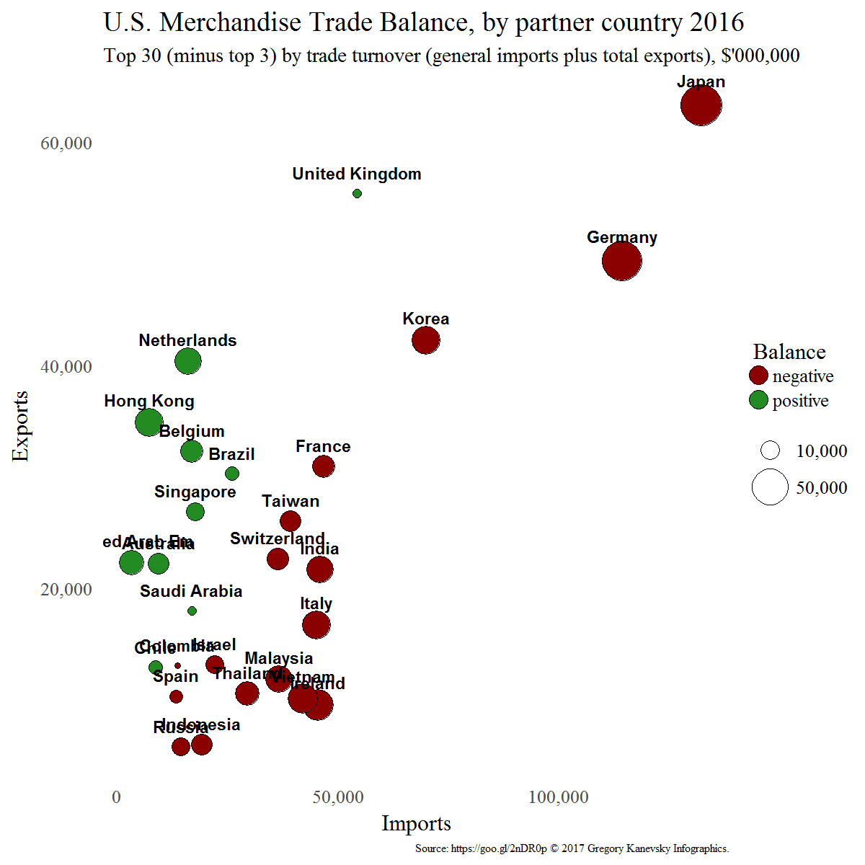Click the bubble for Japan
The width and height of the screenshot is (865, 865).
(x=701, y=105)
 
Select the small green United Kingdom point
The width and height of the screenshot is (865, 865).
(x=357, y=193)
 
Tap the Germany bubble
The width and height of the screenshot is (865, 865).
(x=622, y=261)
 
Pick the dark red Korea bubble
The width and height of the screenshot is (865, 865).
(x=426, y=340)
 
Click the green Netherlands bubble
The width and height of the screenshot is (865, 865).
(x=188, y=361)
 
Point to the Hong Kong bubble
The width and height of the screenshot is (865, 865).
(x=149, y=422)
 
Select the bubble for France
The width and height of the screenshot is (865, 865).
(x=324, y=466)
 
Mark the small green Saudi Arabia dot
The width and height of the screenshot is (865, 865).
(x=192, y=611)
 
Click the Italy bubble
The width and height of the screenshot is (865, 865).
(x=316, y=625)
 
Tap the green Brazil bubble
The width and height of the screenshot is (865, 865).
(x=232, y=474)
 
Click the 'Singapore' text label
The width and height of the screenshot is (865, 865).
(x=195, y=492)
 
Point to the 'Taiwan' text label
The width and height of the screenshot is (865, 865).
(x=290, y=501)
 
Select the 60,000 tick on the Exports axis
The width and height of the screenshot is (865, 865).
(x=66, y=143)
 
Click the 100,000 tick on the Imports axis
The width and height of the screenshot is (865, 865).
(x=559, y=797)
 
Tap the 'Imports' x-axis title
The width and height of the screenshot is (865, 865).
(x=416, y=823)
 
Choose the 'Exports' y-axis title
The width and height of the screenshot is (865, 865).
(x=21, y=425)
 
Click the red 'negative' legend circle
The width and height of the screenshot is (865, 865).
(x=758, y=376)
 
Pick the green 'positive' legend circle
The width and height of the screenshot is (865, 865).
(x=758, y=400)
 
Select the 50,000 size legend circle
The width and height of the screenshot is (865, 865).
(x=770, y=487)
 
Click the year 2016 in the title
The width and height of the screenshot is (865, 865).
(x=717, y=22)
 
